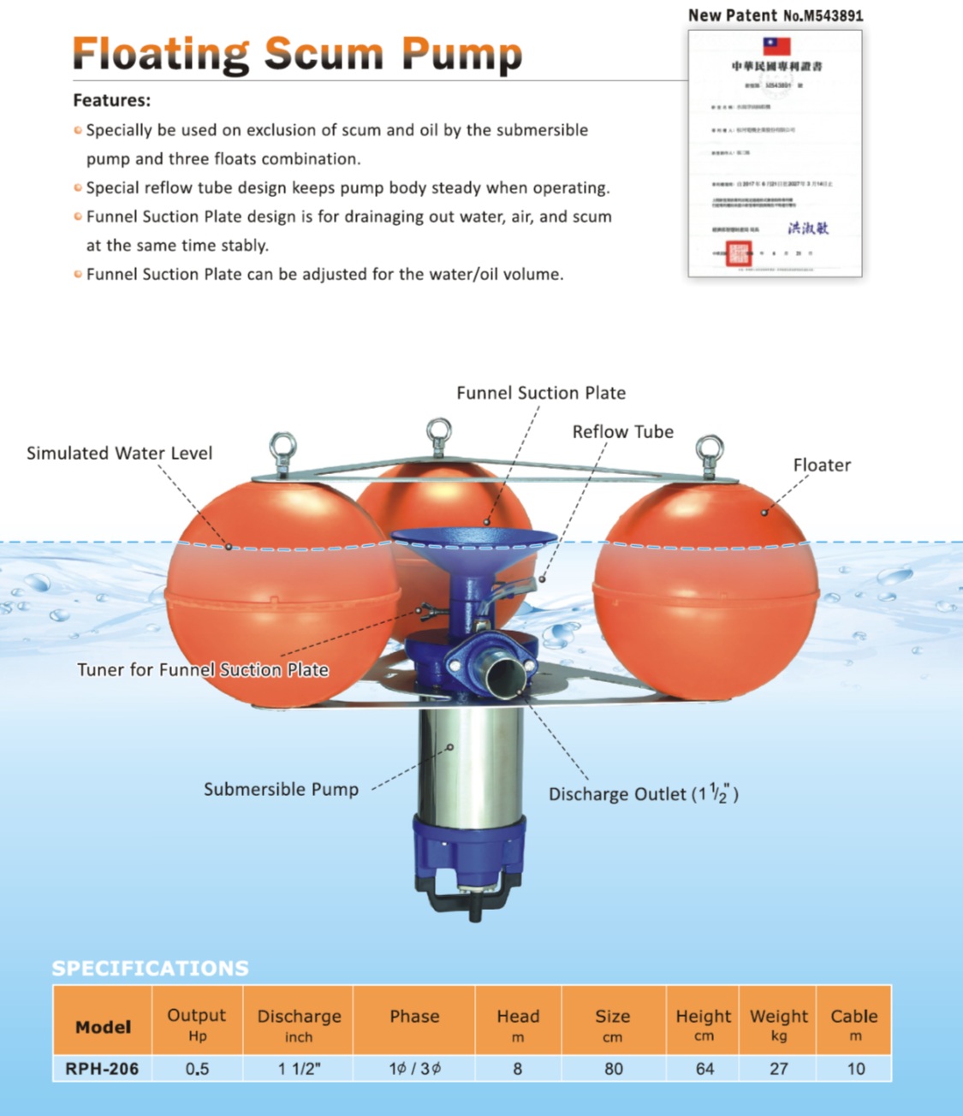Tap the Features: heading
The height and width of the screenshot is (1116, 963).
(x=111, y=100)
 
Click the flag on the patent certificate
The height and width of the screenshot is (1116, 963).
(x=776, y=46)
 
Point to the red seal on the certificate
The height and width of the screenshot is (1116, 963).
(x=738, y=253)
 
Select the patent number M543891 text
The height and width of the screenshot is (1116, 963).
(x=823, y=15)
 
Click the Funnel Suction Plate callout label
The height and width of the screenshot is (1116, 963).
(x=540, y=393)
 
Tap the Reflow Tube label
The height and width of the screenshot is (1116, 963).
(x=622, y=431)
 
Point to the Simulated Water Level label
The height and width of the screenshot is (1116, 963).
(x=119, y=453)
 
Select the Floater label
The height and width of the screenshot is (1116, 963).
(x=821, y=465)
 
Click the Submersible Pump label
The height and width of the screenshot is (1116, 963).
(x=281, y=789)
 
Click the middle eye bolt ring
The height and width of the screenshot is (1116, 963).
(x=439, y=430)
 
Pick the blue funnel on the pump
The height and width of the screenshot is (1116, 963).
(x=473, y=548)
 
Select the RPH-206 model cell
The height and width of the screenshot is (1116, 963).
(x=102, y=1068)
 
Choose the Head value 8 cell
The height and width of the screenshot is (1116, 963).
(x=517, y=1068)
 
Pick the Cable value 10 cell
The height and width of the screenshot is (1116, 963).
(x=855, y=1068)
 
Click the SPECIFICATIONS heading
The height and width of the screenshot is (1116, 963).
(x=150, y=968)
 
